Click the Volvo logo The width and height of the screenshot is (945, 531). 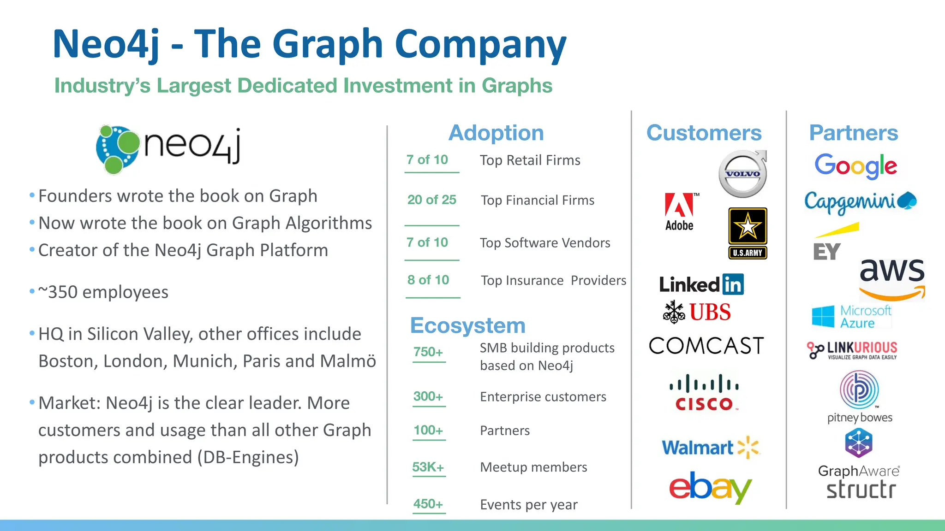743,174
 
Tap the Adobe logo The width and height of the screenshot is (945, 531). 679,211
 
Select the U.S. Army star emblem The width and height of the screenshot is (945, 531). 748,226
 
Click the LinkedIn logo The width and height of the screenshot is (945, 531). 701,284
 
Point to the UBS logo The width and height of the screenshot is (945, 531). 697,312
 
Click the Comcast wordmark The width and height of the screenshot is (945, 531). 706,346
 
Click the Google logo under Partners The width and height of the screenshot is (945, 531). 855,165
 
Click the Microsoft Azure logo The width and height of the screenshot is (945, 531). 851,317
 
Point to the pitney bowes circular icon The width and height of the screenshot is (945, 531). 859,389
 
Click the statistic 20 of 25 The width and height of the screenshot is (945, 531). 431,200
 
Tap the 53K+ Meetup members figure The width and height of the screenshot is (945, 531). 428,467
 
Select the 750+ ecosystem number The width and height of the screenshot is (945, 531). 428,352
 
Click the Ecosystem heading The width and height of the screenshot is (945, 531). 467,325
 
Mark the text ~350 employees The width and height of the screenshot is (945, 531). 103,292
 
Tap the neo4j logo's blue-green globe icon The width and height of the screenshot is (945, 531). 117,149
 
